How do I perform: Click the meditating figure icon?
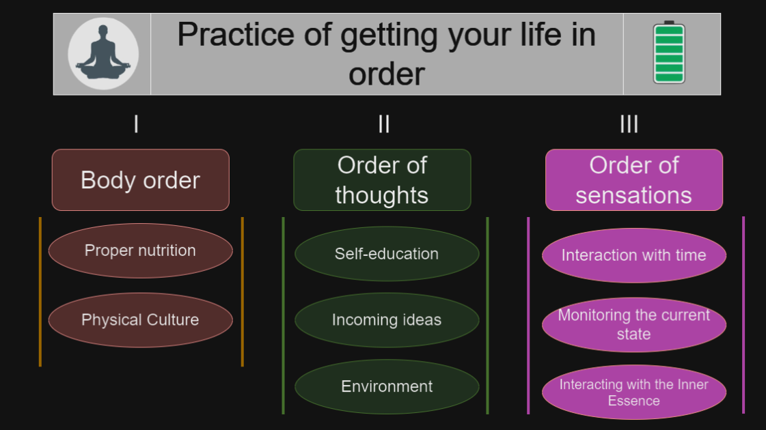(103, 54)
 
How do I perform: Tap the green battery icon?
(669, 53)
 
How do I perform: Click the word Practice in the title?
(236, 35)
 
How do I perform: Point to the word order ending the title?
(387, 74)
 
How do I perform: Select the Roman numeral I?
(136, 124)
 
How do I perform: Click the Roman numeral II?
(384, 124)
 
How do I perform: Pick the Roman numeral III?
(629, 124)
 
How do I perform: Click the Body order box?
(141, 180)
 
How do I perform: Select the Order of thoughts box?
(382, 180)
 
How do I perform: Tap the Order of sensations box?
(634, 180)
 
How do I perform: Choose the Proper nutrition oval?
(141, 251)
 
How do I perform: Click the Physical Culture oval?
(141, 320)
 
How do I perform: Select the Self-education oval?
(387, 254)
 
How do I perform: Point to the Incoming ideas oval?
(387, 320)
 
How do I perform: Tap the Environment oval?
(387, 386)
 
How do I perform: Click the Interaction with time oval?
(634, 255)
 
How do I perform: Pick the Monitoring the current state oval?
(634, 325)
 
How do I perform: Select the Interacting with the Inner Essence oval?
(634, 392)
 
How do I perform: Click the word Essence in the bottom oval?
(633, 401)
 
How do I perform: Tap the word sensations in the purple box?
(633, 195)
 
